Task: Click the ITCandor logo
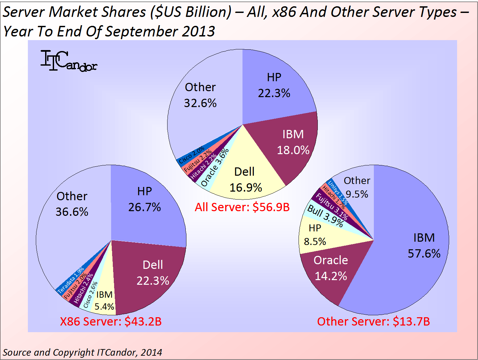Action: (x=69, y=61)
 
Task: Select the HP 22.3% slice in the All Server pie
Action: (x=274, y=86)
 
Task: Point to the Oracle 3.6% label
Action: (x=215, y=167)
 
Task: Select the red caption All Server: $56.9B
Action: (x=242, y=207)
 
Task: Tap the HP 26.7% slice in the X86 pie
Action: (x=145, y=200)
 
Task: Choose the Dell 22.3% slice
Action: (x=153, y=273)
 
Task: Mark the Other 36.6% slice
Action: (x=72, y=204)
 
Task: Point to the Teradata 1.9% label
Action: (x=71, y=280)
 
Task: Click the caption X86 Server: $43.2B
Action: (x=111, y=322)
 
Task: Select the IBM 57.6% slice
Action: (x=424, y=246)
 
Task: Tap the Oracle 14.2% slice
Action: (x=330, y=268)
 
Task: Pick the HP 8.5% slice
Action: (x=315, y=235)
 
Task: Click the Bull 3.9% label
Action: (x=325, y=216)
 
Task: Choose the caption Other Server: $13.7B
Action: (x=374, y=322)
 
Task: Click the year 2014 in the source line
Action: (x=151, y=352)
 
